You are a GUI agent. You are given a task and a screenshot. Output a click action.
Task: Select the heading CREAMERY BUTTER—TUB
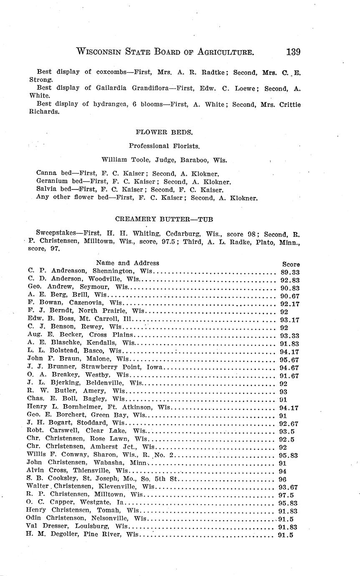point(164,218)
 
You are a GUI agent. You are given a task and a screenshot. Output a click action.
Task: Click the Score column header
point(291,264)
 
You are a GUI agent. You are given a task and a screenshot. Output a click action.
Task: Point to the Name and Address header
point(127,263)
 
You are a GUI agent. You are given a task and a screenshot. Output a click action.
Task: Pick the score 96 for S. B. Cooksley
point(282,479)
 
